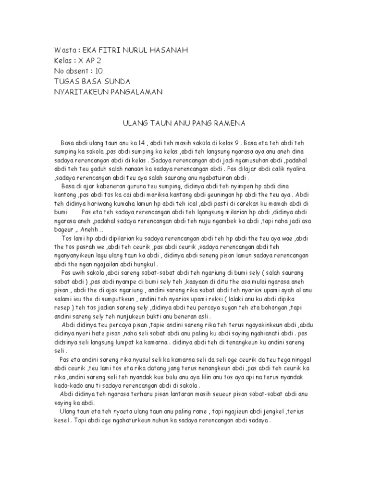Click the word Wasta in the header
64,50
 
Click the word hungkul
150,264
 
